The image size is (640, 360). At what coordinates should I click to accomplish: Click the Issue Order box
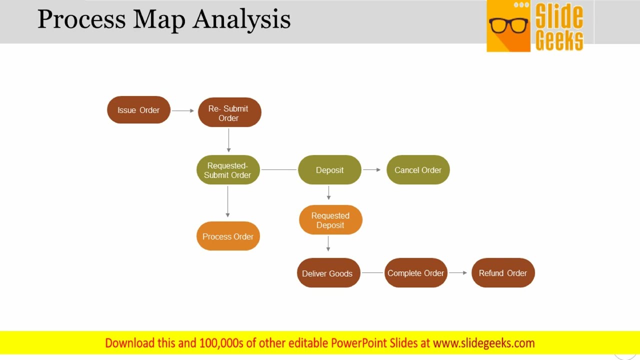tap(138, 110)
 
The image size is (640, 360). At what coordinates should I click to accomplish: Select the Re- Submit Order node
tap(229, 112)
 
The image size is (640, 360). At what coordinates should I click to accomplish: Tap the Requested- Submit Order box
tap(228, 170)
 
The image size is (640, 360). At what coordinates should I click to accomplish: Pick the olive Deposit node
tap(329, 170)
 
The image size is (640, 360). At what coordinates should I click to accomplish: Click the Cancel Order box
tap(418, 170)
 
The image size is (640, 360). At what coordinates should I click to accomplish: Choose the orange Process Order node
tap(228, 236)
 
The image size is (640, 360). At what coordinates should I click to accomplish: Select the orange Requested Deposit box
tap(330, 220)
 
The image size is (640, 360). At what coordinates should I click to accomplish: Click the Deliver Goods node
tap(328, 273)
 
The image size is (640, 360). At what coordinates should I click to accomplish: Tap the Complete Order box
tap(415, 273)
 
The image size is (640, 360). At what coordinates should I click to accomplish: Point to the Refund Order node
tap(503, 273)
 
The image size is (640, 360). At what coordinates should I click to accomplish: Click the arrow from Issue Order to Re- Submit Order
tap(183, 110)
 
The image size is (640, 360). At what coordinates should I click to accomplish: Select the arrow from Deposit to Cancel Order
tap(372, 170)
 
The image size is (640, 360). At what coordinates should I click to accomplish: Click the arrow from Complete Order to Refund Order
tap(458, 272)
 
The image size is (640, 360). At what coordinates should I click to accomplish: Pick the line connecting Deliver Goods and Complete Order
tap(372, 273)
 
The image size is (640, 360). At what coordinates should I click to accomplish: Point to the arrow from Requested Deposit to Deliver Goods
tap(328, 243)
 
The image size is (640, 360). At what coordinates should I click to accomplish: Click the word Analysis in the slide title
tap(242, 19)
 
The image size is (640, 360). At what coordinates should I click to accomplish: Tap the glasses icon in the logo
tap(508, 25)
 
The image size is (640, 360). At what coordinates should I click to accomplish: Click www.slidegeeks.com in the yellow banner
tap(483, 343)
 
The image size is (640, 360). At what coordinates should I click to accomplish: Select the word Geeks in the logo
tap(559, 40)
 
